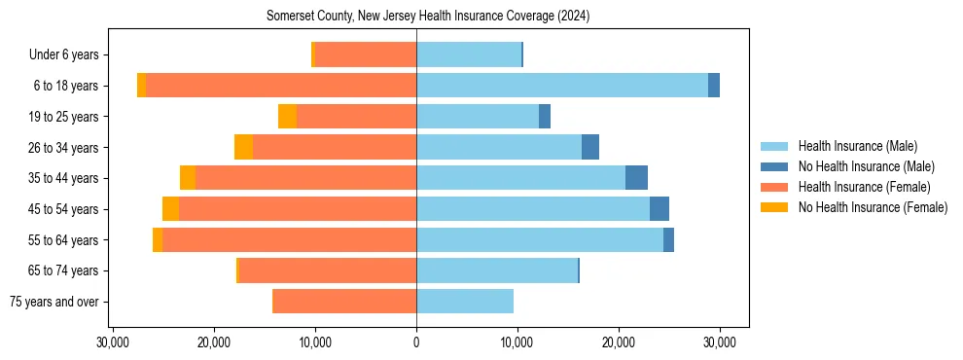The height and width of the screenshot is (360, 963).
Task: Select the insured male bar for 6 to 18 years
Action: [x=562, y=86]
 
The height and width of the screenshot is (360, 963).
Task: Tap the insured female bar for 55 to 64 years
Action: [x=289, y=239]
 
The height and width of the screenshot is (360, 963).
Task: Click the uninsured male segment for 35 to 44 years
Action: [x=636, y=178]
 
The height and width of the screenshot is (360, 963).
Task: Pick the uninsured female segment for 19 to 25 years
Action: [x=287, y=117]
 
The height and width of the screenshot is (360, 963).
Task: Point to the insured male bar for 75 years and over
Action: [x=465, y=302]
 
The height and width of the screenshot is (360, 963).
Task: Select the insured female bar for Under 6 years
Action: [x=366, y=54]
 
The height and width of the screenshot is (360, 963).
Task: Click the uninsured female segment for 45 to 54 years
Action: [x=170, y=209]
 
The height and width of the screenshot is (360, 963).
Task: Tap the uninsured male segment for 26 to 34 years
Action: [x=590, y=147]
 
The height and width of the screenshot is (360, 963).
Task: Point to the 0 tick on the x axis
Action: [x=416, y=342]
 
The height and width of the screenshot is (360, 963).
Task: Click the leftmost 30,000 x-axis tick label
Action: [x=113, y=342]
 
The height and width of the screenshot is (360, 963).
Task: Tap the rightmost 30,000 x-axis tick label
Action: [x=720, y=342]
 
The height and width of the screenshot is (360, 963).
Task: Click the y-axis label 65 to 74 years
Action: [x=63, y=270]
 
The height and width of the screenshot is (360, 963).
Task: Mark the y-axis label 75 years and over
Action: [x=57, y=302]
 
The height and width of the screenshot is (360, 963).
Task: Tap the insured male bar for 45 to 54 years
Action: [x=533, y=209]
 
